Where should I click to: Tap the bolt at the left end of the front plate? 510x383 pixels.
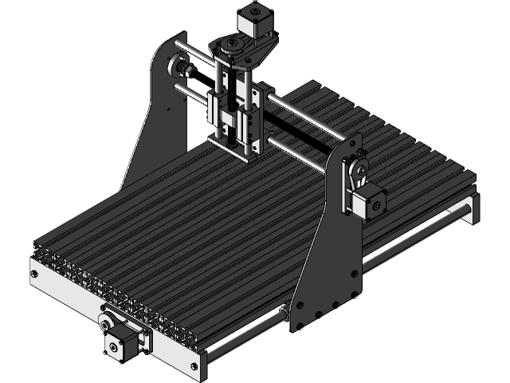tap(33, 274)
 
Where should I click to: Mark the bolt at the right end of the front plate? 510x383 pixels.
tap(194, 365)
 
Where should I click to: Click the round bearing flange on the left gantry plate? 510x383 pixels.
tap(184, 71)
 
